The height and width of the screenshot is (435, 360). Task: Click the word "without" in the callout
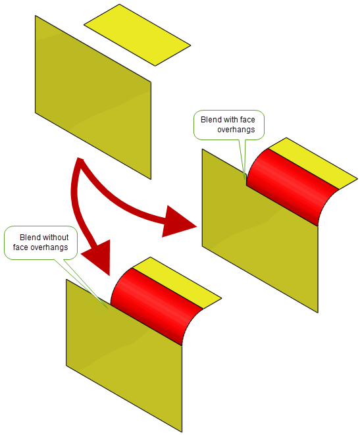click(56, 238)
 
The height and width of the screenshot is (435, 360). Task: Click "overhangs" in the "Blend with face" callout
click(236, 130)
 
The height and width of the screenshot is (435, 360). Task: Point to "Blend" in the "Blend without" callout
click(30, 238)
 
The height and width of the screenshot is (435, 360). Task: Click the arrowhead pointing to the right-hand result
click(178, 222)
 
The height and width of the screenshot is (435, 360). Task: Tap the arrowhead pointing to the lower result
click(99, 258)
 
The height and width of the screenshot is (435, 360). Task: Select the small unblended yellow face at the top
click(138, 35)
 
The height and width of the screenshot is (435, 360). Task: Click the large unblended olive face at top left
click(93, 97)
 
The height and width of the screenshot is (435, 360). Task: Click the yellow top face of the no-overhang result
click(177, 282)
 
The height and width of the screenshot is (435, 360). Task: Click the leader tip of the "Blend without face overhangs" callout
click(108, 309)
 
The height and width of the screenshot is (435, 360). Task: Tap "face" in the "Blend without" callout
click(20, 247)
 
